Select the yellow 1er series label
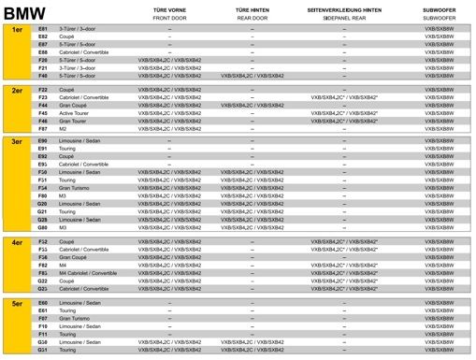pyautogui.click(x=17, y=30)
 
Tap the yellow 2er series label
pyautogui.click(x=17, y=90)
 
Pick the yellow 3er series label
pyautogui.click(x=17, y=141)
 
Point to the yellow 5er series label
pyautogui.click(x=17, y=305)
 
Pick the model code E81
pyautogui.click(x=42, y=29)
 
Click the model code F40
pyautogui.click(x=42, y=76)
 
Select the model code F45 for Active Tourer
pyautogui.click(x=42, y=113)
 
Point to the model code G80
pyautogui.click(x=42, y=226)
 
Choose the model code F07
pyautogui.click(x=42, y=319)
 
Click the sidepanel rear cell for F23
pyautogui.click(x=343, y=97)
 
